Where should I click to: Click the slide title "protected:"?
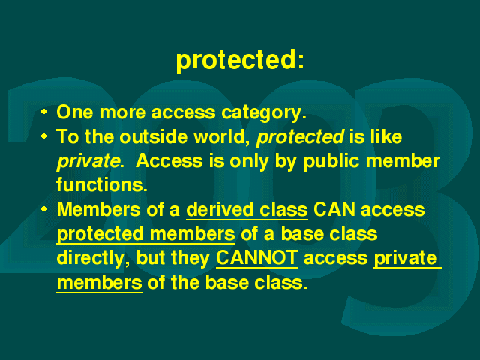[x=240, y=61]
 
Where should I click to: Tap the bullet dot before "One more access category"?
[x=44, y=112]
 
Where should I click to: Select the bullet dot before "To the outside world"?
[x=44, y=136]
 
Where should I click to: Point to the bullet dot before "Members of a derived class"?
[x=44, y=209]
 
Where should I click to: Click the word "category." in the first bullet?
[x=264, y=113]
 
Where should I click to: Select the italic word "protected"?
[x=300, y=137]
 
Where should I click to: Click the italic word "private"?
[x=88, y=162]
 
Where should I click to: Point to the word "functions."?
[x=102, y=184]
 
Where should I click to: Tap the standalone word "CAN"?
[x=334, y=210]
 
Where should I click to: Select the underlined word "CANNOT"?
[x=257, y=258]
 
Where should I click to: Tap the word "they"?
[x=190, y=258]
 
